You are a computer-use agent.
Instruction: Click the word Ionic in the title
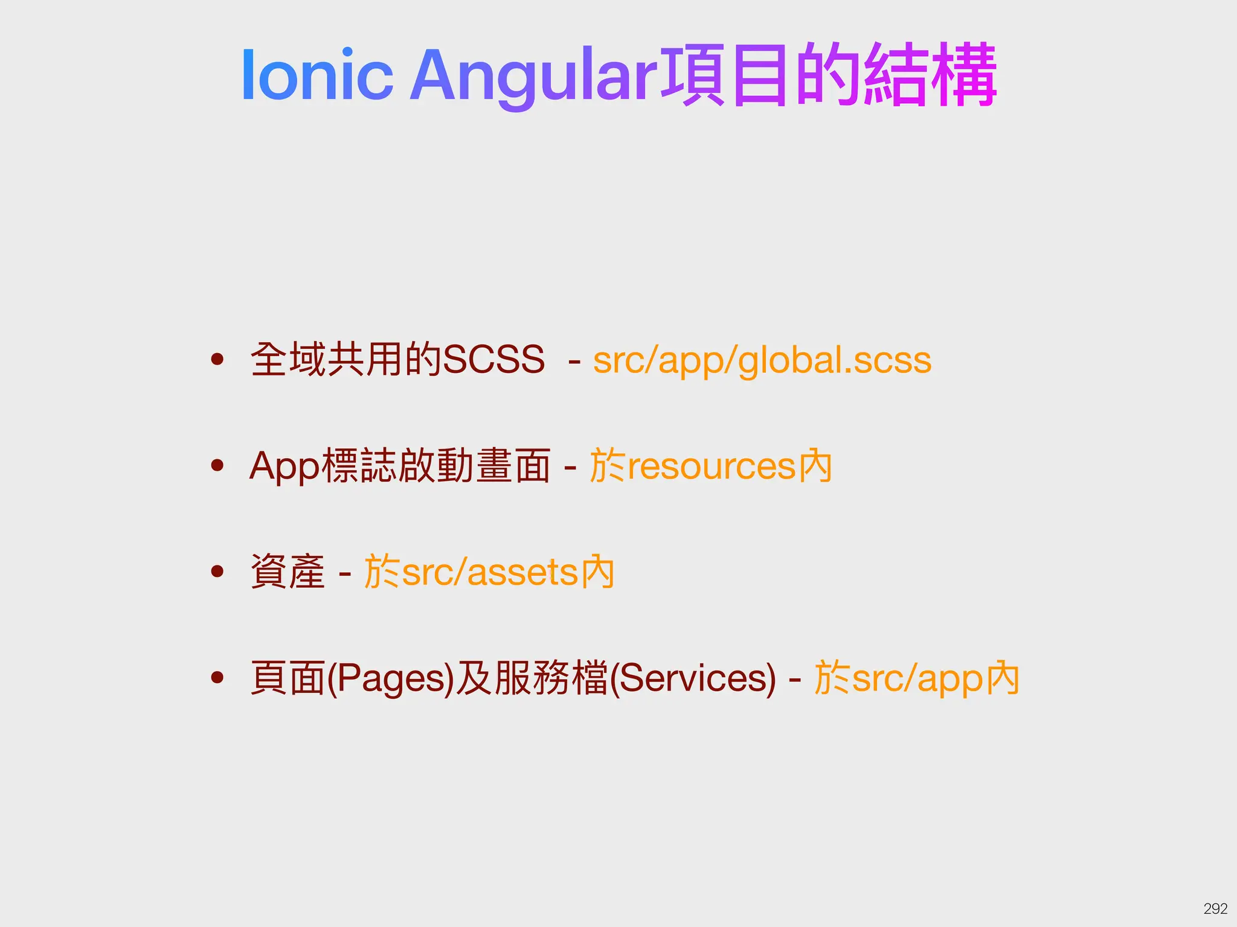point(316,76)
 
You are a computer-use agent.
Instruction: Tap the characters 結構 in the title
point(930,76)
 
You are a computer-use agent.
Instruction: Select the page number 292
point(1215,908)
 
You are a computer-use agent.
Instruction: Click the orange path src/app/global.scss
point(762,360)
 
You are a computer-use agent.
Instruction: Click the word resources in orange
point(712,467)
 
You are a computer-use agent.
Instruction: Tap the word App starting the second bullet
point(284,467)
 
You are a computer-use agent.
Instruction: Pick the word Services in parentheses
point(693,678)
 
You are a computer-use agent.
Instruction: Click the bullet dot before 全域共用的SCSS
point(217,360)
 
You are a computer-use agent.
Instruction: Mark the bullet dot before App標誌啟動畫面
point(217,465)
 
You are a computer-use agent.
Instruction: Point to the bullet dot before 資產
point(217,571)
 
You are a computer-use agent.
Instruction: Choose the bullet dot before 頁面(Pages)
point(217,677)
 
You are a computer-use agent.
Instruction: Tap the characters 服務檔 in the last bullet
point(551,678)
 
